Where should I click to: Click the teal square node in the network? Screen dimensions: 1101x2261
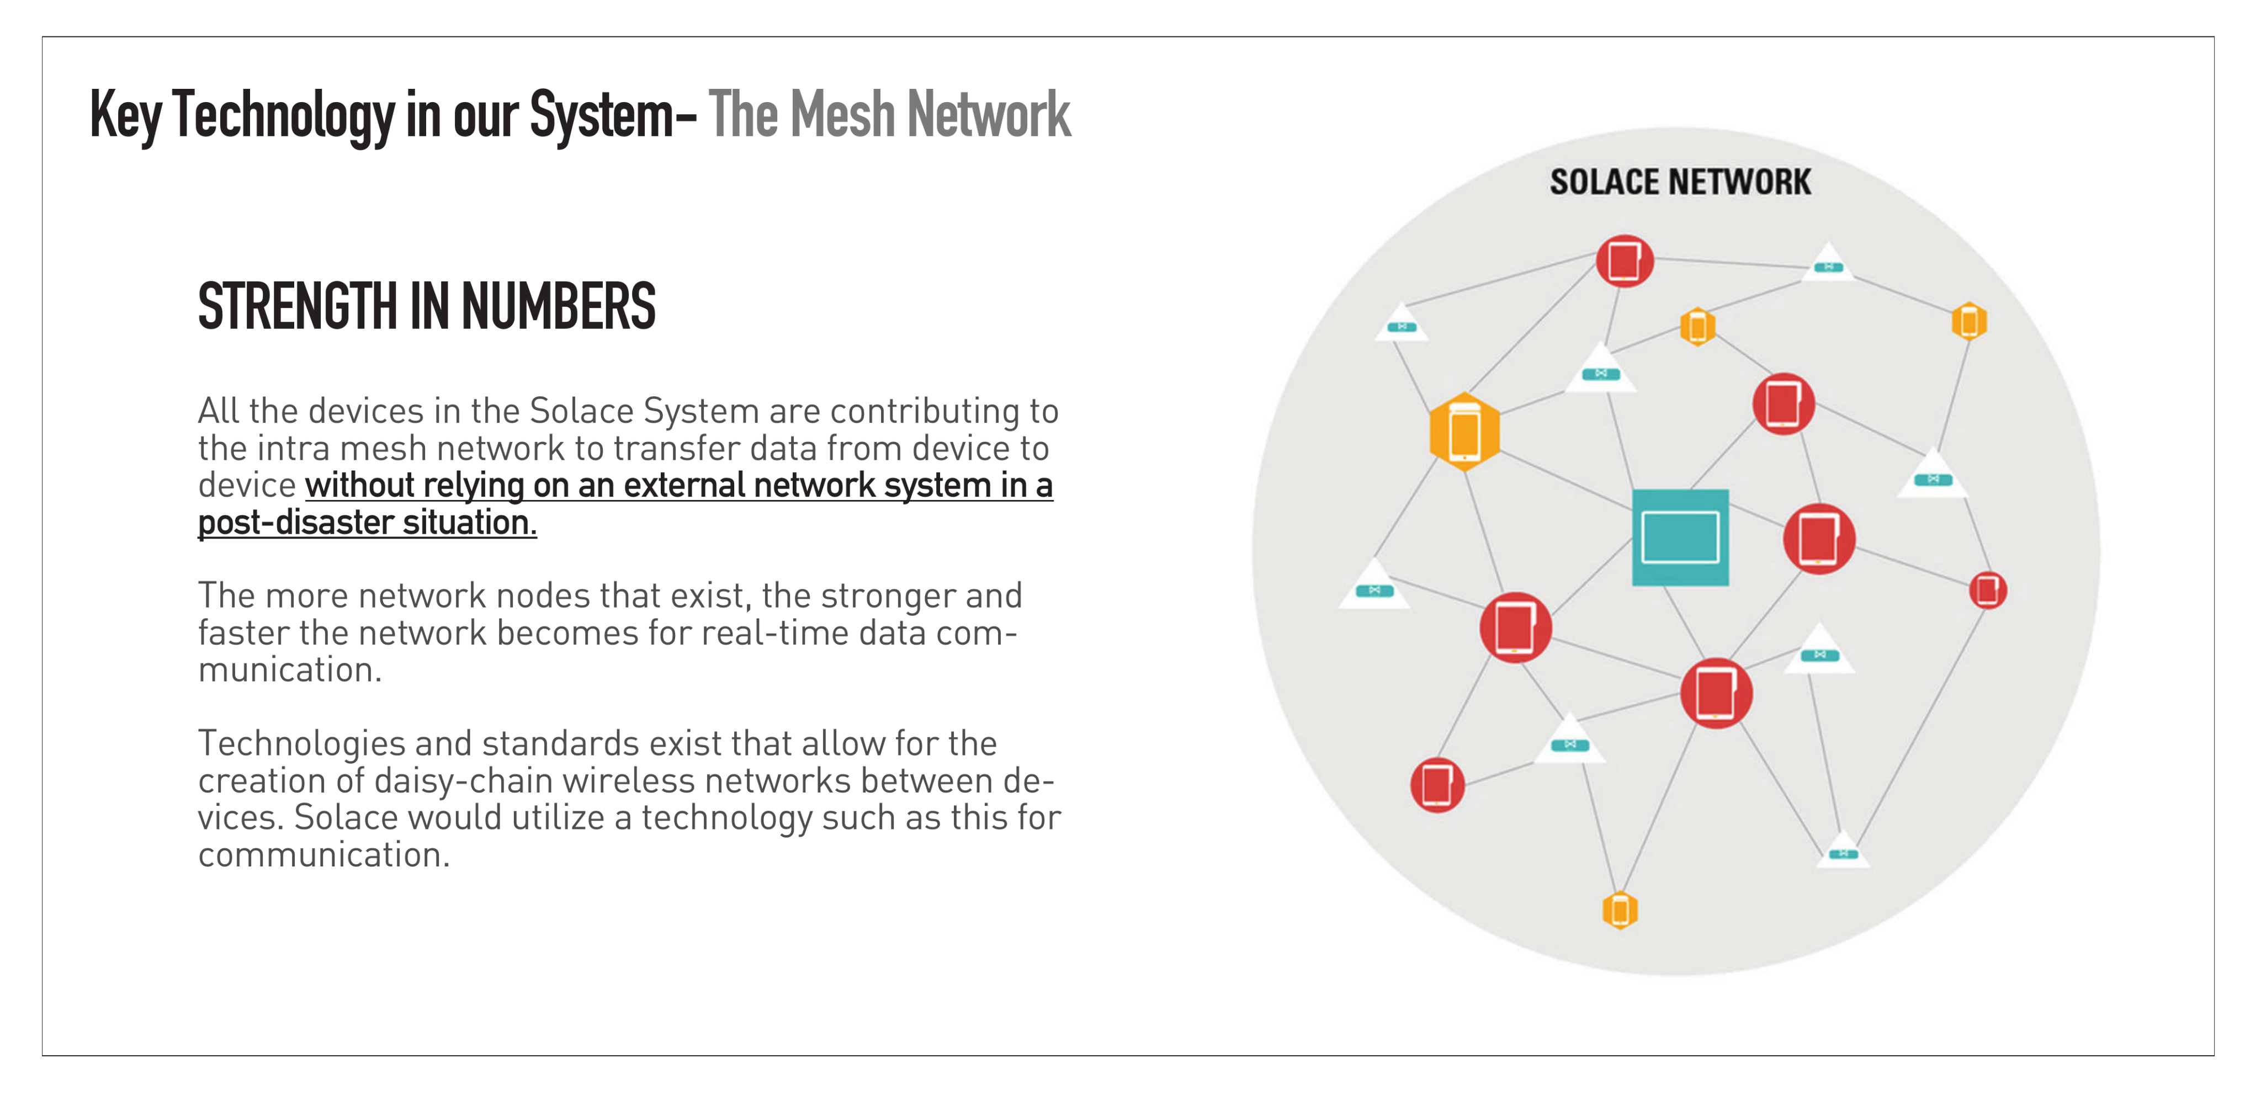point(1679,537)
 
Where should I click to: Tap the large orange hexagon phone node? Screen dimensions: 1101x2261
point(1463,432)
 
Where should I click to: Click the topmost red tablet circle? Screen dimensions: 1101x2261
point(1624,260)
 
